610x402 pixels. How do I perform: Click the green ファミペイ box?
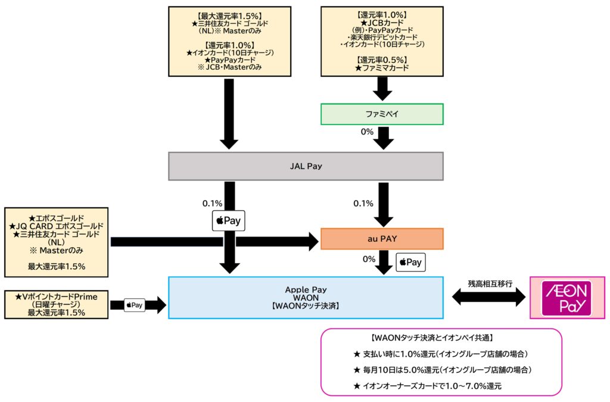(382, 114)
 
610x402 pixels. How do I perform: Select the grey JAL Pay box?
(306, 166)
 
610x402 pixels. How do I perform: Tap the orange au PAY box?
(382, 239)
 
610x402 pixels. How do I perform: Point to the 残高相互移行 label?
(490, 284)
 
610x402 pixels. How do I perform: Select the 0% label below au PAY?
(369, 260)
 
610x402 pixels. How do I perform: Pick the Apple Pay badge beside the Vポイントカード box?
(134, 306)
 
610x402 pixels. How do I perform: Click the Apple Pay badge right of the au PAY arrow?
(410, 262)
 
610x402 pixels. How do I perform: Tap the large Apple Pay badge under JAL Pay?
(229, 220)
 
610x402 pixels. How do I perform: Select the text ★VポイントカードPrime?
(56, 296)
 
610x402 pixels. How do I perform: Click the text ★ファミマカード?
(382, 68)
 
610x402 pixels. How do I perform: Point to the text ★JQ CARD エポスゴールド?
(56, 226)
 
